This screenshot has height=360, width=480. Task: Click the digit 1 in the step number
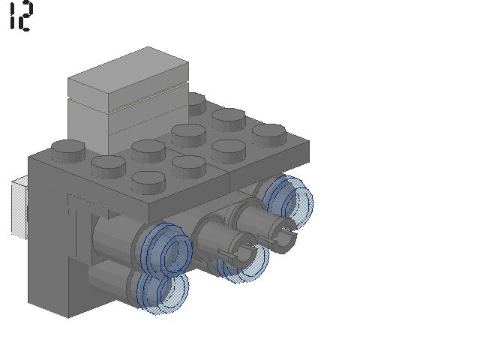point(12,16)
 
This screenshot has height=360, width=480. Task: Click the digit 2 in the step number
point(25,16)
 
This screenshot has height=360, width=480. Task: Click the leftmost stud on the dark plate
point(68,151)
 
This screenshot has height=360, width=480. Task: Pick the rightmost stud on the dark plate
point(269,135)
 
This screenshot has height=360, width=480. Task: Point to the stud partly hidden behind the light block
point(196,104)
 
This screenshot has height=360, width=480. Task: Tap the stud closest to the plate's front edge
point(148,182)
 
